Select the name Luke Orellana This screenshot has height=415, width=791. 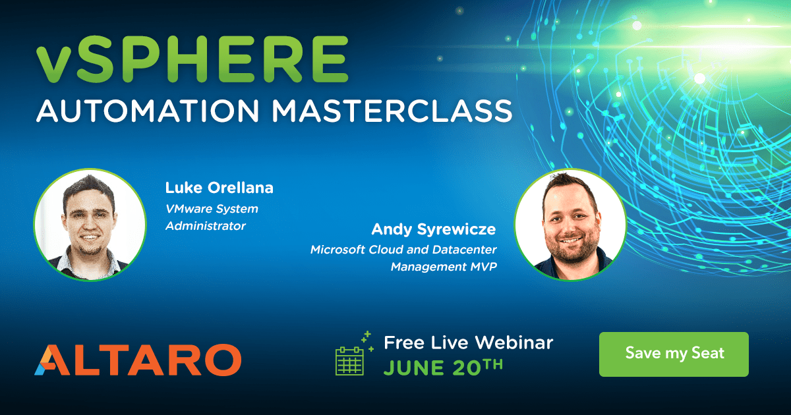coord(219,188)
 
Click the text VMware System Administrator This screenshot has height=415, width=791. coord(211,217)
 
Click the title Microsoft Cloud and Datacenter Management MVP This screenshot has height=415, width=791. coord(403,258)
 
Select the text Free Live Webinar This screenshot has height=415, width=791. coord(468,343)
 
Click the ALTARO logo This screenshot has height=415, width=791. coord(138,359)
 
